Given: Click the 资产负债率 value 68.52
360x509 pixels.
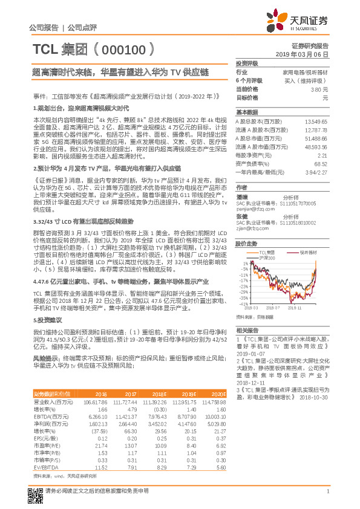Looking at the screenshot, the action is coord(320,163).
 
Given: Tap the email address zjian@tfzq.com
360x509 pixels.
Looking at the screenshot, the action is coord(251,229).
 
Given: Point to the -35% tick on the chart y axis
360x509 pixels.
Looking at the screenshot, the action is coord(243,297).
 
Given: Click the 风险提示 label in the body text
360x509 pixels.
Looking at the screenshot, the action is coord(45,358).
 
